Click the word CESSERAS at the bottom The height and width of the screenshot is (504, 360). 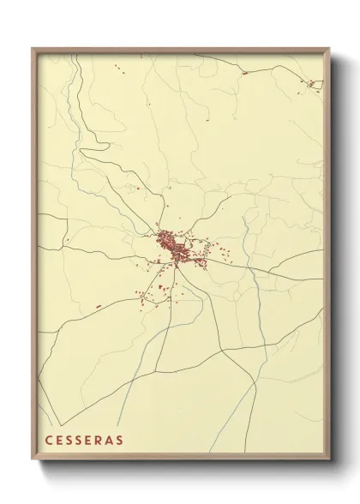(x=84, y=441)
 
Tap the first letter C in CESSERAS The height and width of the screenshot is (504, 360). (x=49, y=441)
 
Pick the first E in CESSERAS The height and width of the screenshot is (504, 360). (x=60, y=441)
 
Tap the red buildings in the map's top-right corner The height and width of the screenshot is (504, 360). (x=315, y=84)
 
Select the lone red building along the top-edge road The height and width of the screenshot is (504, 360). (x=244, y=73)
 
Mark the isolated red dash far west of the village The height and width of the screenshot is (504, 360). (x=99, y=306)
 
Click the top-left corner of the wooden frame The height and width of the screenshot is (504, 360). (x=33, y=49)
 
